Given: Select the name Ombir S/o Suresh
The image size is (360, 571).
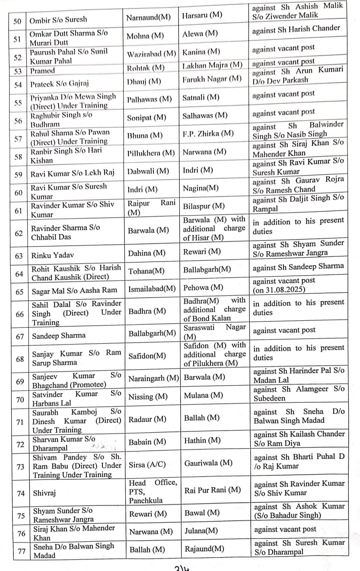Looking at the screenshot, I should pyautogui.click(x=58, y=19).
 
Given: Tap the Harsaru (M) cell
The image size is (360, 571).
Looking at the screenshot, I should pyautogui.click(x=202, y=16).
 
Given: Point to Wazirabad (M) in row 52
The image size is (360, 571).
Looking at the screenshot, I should pyautogui.click(x=151, y=54).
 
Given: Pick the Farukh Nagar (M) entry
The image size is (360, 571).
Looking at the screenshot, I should pyautogui.click(x=212, y=79).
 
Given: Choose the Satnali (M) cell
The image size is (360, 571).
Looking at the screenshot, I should pyautogui.click(x=201, y=98).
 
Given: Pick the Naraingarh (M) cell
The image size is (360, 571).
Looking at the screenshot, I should pyautogui.click(x=154, y=378).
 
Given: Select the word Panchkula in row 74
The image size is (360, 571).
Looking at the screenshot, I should pyautogui.click(x=146, y=501).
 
